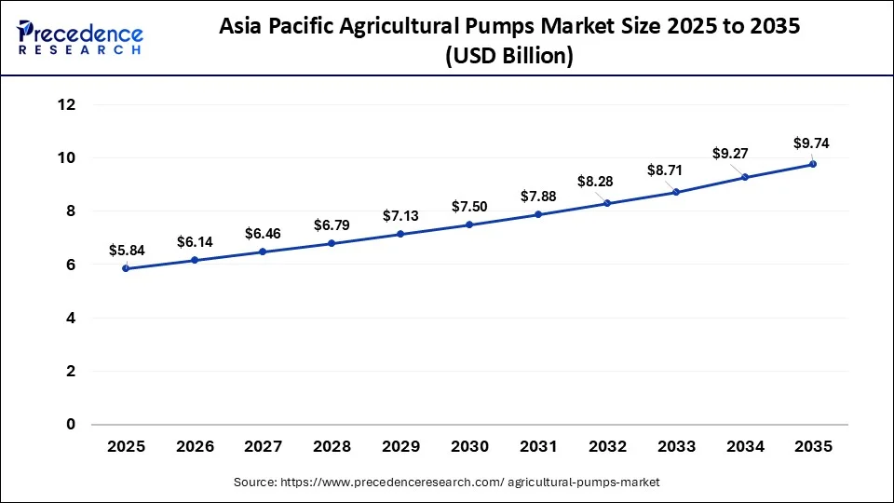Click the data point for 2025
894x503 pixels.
point(126,268)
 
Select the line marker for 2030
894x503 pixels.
point(469,224)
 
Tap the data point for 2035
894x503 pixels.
point(813,164)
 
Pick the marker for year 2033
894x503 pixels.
point(676,192)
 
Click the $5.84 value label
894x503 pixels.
point(127,250)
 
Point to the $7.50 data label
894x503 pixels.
point(469,206)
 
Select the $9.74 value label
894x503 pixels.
point(811,143)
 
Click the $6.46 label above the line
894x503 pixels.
point(264,233)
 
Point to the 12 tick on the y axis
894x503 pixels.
point(65,104)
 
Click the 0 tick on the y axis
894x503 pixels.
point(70,425)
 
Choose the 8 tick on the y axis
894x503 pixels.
point(70,211)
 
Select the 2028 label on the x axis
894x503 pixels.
point(332,446)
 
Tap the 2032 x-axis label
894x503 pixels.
point(607,446)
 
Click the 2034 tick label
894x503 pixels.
point(745,446)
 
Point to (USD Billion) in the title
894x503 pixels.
point(509,56)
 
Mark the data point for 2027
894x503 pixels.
point(264,251)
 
